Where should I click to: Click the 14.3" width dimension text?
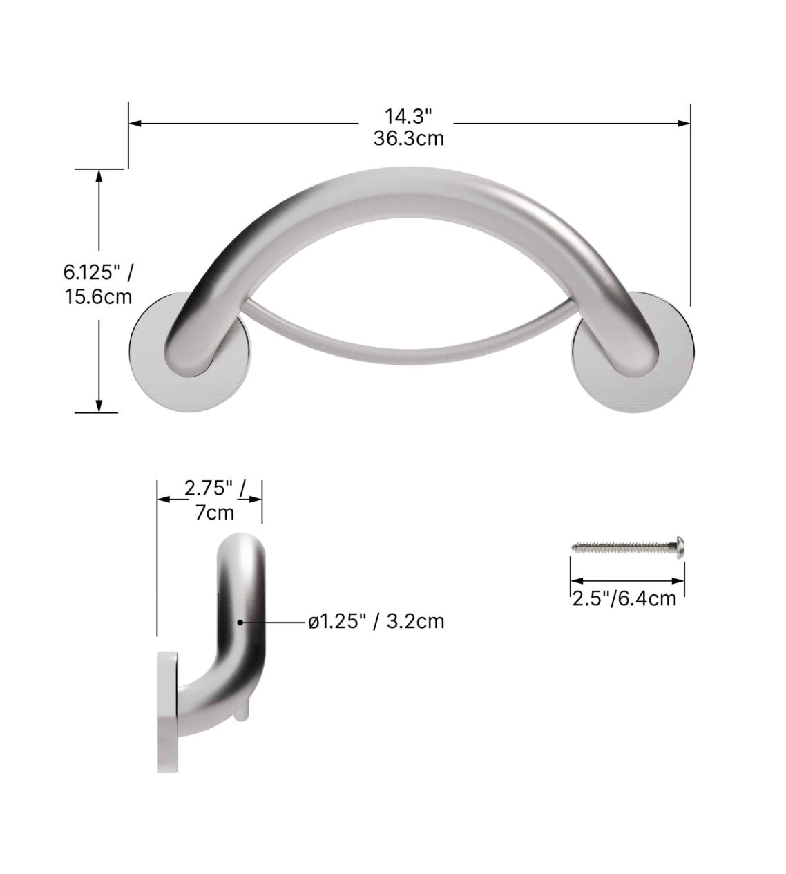pos(408,115)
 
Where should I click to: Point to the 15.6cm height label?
pos(98,297)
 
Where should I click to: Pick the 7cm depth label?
pos(214,513)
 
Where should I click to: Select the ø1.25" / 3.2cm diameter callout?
pos(376,622)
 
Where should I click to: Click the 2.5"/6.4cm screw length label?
pos(624,598)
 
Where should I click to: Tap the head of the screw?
pos(680,547)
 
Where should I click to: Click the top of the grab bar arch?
pos(408,183)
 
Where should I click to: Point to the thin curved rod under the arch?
pos(408,345)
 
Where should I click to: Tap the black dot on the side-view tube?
pos(240,622)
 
